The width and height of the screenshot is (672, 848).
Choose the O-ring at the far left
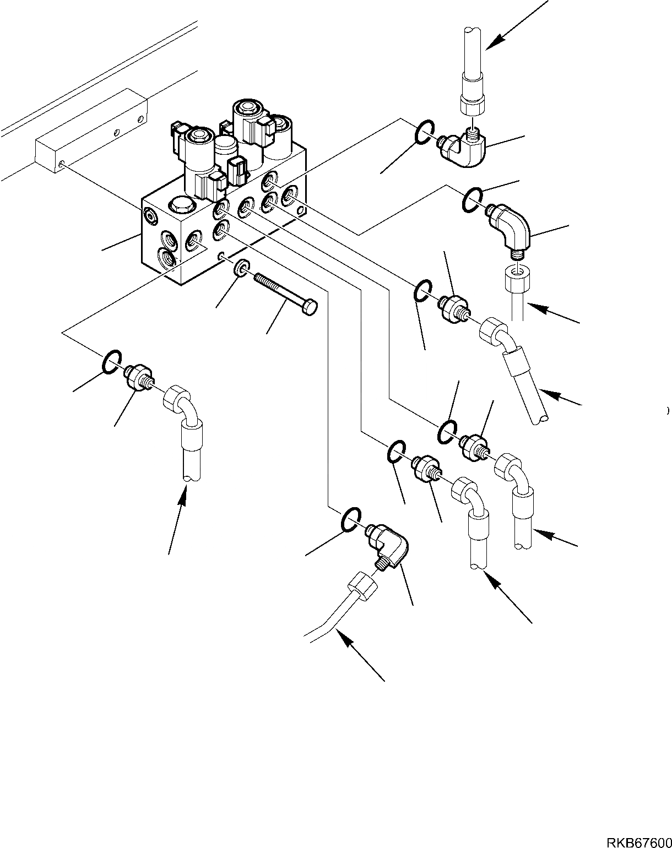pyautogui.click(x=111, y=361)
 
